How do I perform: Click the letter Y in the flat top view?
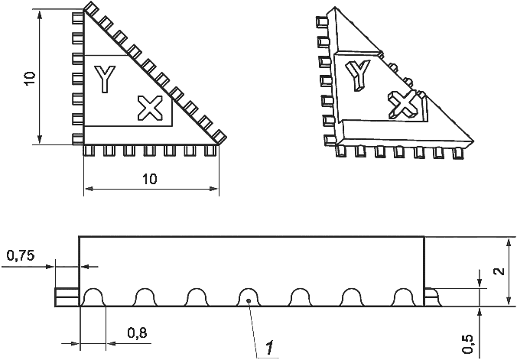tap(105, 79)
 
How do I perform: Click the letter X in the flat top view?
tap(151, 108)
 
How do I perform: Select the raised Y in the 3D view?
tap(357, 75)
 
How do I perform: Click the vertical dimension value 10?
tap(30, 79)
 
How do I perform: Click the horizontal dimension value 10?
tap(150, 179)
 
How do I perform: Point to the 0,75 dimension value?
tap(21, 255)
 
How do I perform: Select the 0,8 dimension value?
tap(137, 333)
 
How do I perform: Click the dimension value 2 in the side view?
tap(500, 271)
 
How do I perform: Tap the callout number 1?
tap(270, 348)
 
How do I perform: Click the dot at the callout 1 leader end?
tap(249, 300)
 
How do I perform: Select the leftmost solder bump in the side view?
tap(93, 297)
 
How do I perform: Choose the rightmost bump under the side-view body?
tap(402, 297)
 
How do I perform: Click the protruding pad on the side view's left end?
tap(67, 297)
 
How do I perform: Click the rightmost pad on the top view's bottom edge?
tap(210, 151)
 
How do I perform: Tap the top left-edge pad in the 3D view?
tap(322, 21)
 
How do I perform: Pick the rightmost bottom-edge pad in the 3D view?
tap(457, 154)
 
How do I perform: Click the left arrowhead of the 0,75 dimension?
tap(50, 267)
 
